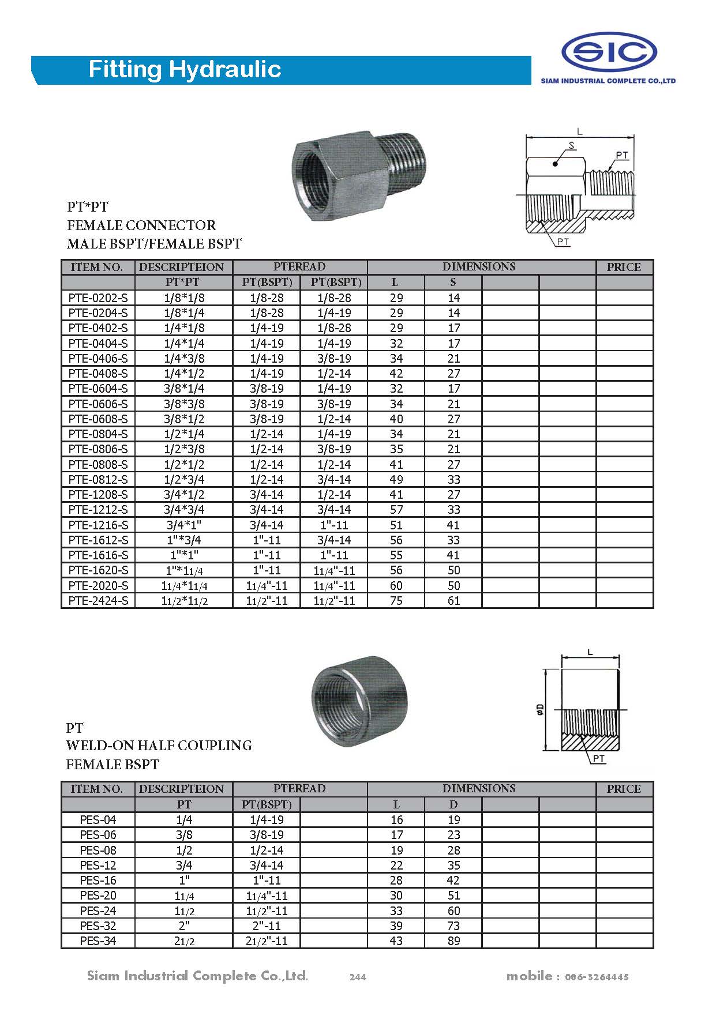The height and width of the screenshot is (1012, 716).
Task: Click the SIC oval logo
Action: tap(609, 52)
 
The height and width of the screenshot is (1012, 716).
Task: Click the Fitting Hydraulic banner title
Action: tap(185, 69)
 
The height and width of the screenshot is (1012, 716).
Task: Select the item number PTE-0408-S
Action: tap(98, 374)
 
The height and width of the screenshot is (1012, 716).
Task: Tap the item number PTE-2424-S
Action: tap(98, 601)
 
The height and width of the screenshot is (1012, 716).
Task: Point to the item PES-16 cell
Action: tap(98, 881)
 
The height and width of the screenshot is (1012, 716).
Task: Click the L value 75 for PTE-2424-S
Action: tap(396, 601)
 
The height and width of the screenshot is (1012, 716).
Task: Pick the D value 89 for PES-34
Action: tap(453, 941)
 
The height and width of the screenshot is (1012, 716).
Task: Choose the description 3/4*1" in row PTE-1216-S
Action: tap(184, 525)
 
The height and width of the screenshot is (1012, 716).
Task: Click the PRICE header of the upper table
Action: tap(624, 267)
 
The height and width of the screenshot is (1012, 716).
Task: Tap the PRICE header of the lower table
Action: tap(624, 789)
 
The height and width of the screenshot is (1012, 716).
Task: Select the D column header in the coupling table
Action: tap(453, 804)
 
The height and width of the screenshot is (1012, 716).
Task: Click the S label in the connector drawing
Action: tap(572, 146)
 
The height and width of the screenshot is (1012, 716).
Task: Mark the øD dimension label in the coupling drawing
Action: tap(540, 709)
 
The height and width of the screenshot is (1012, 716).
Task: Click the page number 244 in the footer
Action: tap(358, 977)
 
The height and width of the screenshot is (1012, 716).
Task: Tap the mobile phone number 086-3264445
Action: tap(597, 977)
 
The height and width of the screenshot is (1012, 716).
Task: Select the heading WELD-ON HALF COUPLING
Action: tap(159, 746)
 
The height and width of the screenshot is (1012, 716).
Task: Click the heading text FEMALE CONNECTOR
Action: tap(141, 225)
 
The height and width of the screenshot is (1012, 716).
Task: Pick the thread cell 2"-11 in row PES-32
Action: tap(267, 926)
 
